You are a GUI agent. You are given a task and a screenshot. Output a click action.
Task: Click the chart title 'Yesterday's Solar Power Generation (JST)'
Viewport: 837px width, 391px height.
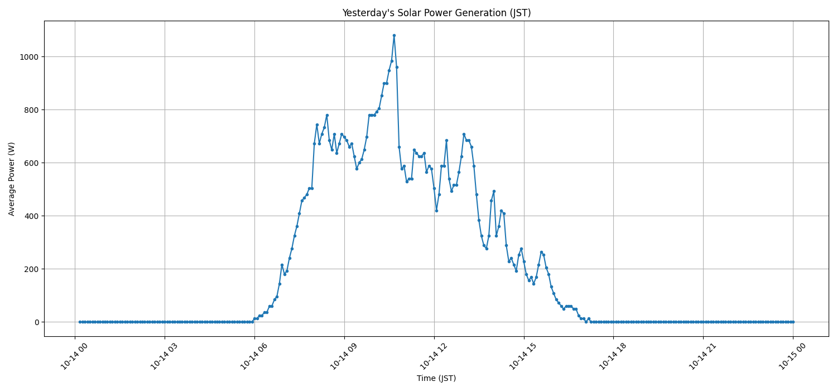pos(436,13)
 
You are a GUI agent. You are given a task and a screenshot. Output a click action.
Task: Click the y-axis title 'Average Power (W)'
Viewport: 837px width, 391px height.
pos(12,179)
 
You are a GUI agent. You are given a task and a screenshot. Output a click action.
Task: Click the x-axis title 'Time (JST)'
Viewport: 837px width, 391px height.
pos(436,378)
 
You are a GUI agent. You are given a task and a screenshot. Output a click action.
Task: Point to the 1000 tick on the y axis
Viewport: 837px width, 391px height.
pos(29,57)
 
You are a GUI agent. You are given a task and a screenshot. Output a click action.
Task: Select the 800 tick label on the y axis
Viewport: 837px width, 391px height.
pos(31,110)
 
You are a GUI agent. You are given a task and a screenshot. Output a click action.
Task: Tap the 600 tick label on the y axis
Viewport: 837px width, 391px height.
pos(31,163)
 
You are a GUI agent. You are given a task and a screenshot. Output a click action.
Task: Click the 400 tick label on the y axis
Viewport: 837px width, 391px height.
pos(31,216)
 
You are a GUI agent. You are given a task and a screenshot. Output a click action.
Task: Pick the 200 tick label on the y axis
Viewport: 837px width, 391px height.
pos(31,269)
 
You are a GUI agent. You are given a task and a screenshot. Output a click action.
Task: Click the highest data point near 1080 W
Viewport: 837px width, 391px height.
pos(394,35)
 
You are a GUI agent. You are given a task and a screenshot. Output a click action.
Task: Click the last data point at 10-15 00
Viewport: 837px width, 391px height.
pos(793,322)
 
